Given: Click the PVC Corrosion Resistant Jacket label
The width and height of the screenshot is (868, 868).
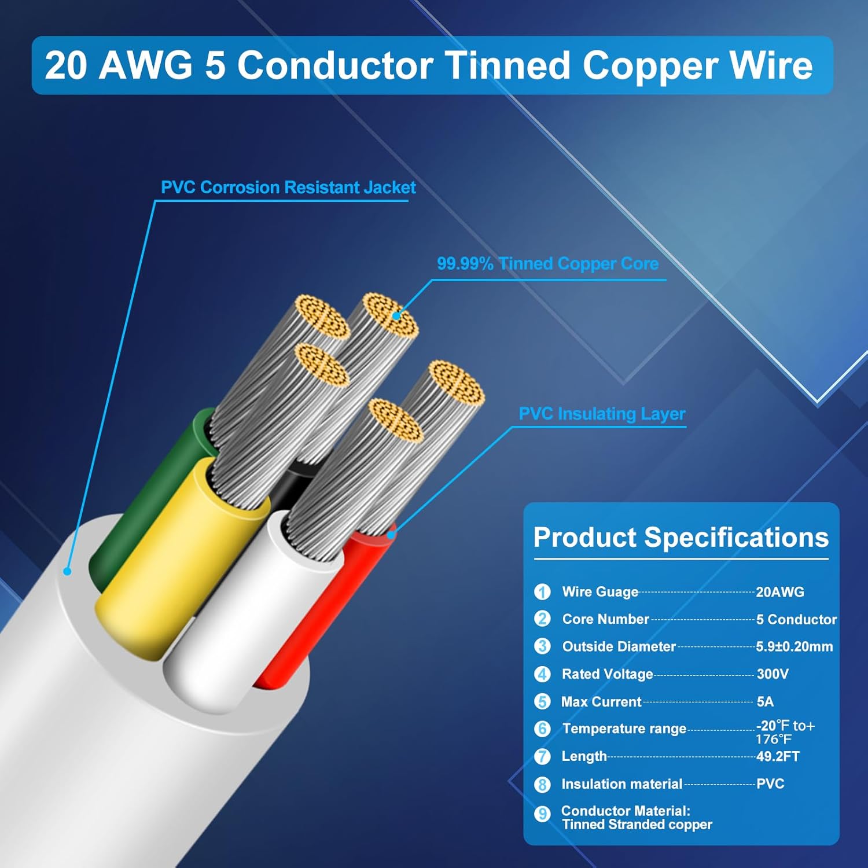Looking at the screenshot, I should pyautogui.click(x=288, y=187).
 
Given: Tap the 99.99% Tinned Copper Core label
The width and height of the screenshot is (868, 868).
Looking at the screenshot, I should pyautogui.click(x=547, y=264).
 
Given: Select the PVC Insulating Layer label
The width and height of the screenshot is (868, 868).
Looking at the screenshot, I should pyautogui.click(x=602, y=414).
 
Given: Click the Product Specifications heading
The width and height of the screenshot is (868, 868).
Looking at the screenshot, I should pyautogui.click(x=681, y=537).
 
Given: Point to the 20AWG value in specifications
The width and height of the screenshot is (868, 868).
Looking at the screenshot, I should pyautogui.click(x=780, y=592).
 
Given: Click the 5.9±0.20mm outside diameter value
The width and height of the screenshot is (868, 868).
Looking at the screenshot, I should pyautogui.click(x=794, y=646).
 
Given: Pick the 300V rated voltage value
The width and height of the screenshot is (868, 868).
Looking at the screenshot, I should pyautogui.click(x=773, y=674).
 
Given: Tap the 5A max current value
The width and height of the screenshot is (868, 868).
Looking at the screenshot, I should pyautogui.click(x=765, y=701).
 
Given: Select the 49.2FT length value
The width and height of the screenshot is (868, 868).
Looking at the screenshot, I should pyautogui.click(x=778, y=756).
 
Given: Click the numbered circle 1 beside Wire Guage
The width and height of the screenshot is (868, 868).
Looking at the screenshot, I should pyautogui.click(x=542, y=592).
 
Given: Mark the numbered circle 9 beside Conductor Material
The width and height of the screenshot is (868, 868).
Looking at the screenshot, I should pyautogui.click(x=542, y=814).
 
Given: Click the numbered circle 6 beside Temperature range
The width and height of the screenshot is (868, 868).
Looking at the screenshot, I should pyautogui.click(x=542, y=729).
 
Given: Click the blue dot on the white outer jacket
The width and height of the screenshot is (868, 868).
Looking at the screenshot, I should pyautogui.click(x=67, y=571).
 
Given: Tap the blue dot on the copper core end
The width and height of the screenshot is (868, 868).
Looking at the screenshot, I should pyautogui.click(x=396, y=315).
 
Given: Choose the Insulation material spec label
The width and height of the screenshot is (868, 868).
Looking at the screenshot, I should pyautogui.click(x=621, y=784).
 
